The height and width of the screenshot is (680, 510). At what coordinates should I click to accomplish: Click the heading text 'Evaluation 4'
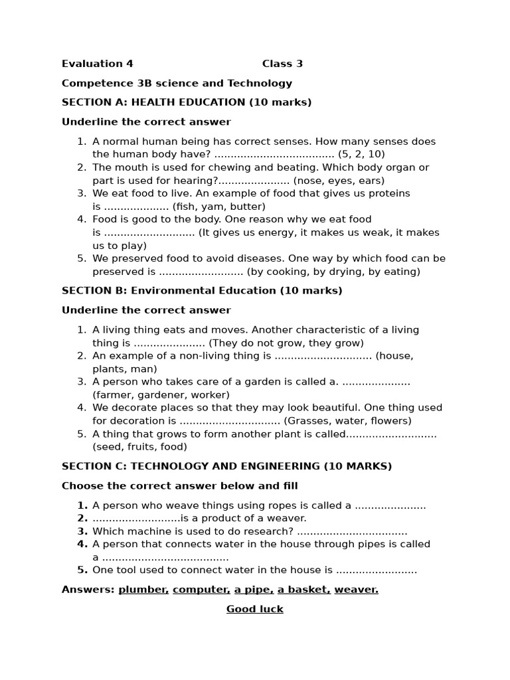[x=97, y=64]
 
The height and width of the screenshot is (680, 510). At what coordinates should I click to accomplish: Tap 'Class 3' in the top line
[x=282, y=64]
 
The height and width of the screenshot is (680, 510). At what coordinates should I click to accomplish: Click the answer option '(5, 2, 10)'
[x=361, y=154]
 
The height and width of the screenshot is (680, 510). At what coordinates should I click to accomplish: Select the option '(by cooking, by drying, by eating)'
[x=333, y=272]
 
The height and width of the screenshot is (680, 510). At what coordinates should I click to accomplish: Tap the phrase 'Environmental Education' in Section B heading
[x=203, y=290]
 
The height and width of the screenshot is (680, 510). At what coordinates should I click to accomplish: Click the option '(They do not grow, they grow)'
[x=286, y=343]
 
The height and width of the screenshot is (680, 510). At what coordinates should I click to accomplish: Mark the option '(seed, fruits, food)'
[x=139, y=447]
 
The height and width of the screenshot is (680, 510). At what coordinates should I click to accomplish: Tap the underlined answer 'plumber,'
[x=143, y=590]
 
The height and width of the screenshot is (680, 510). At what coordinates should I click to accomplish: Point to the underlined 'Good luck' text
[x=255, y=609]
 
